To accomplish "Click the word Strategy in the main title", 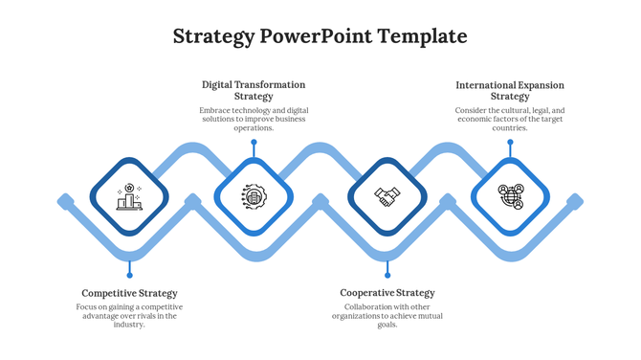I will (213, 37).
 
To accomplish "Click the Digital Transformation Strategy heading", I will (254, 90).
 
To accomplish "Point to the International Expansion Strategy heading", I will (510, 90).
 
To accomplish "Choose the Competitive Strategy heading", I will (129, 293).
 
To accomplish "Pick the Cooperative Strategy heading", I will (387, 293).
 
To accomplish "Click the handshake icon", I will (387, 196).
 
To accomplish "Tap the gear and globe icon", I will (254, 196).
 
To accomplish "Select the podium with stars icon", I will (129, 196).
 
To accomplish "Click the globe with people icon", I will (511, 196).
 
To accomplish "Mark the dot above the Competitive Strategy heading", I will (129, 276).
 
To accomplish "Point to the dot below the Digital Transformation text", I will (254, 143).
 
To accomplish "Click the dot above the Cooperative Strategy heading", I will (387, 276).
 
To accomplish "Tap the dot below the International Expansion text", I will (510, 143).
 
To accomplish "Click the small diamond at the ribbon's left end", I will (65, 201).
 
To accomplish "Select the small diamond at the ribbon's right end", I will (575, 201).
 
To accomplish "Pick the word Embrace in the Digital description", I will (215, 110).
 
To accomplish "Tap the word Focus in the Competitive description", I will (89, 306).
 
